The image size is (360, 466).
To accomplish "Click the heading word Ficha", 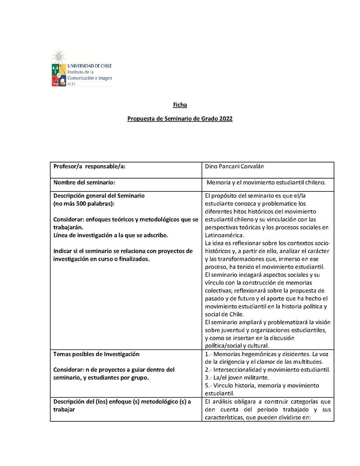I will tap(180, 105).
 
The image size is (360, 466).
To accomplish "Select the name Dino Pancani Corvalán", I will tap(234, 167).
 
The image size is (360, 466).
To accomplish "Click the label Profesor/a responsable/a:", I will tap(89, 167).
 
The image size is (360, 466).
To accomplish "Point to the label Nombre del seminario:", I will tap(84, 183).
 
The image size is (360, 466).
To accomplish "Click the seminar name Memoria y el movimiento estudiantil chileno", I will tap(269, 183).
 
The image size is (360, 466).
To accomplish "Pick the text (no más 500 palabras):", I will tap(84, 204).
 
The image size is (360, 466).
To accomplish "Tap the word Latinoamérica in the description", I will tap(224, 235).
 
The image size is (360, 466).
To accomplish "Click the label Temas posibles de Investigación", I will tap(96, 354).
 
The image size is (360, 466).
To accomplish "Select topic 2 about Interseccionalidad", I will tap(267, 370).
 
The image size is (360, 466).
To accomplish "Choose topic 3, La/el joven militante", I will tap(237, 377).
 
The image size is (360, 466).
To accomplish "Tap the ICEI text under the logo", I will tap(72, 83).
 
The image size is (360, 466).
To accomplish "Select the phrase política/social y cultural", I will tap(237, 346).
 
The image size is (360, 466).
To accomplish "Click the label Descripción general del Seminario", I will tap(99, 196).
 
